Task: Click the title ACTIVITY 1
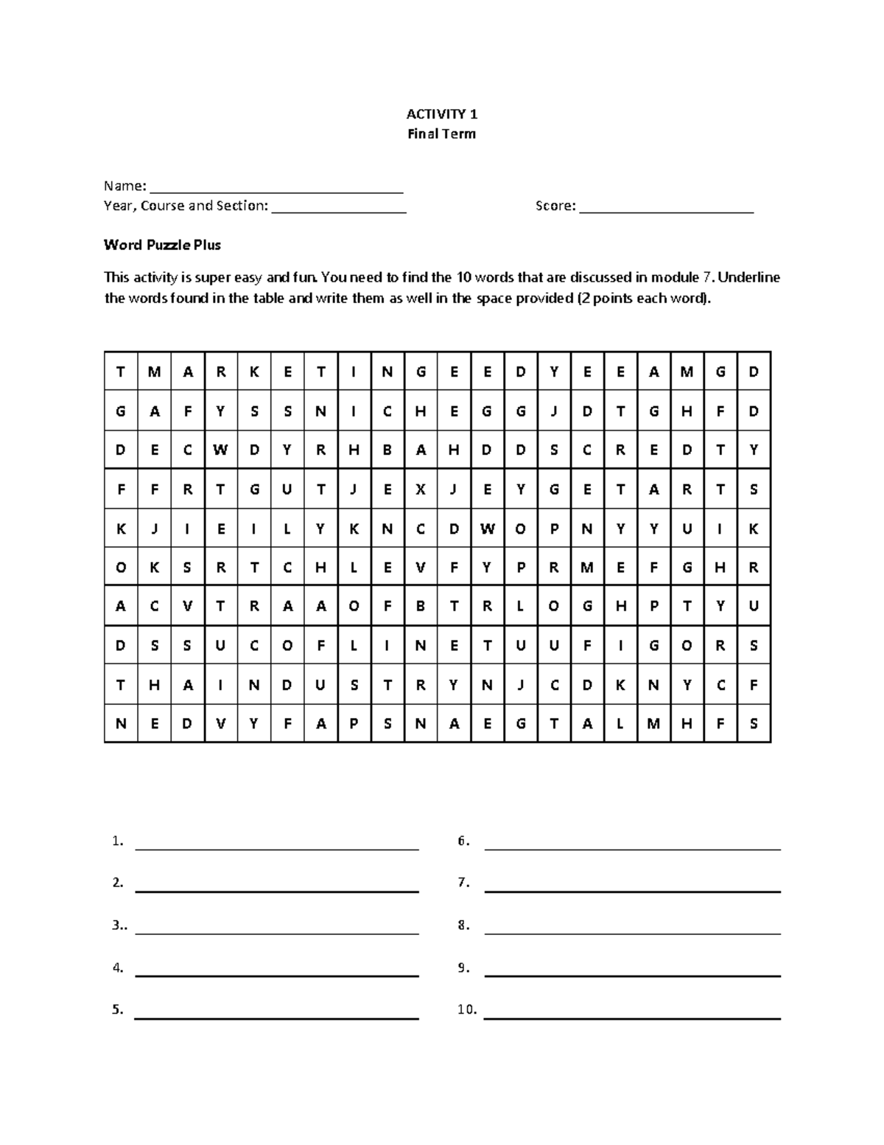tap(442, 114)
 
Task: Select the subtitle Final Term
tap(442, 134)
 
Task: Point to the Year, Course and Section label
tap(186, 206)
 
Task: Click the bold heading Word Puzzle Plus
tap(162, 245)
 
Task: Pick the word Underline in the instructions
tap(749, 278)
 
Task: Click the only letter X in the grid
tap(421, 489)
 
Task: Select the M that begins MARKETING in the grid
tap(154, 372)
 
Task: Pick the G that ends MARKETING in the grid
tap(421, 372)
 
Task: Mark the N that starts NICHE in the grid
tap(320, 411)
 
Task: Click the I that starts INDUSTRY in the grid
tap(220, 685)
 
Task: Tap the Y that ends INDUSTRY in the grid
tap(454, 685)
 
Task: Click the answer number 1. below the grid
tap(117, 841)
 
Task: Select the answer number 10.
tap(466, 1010)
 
